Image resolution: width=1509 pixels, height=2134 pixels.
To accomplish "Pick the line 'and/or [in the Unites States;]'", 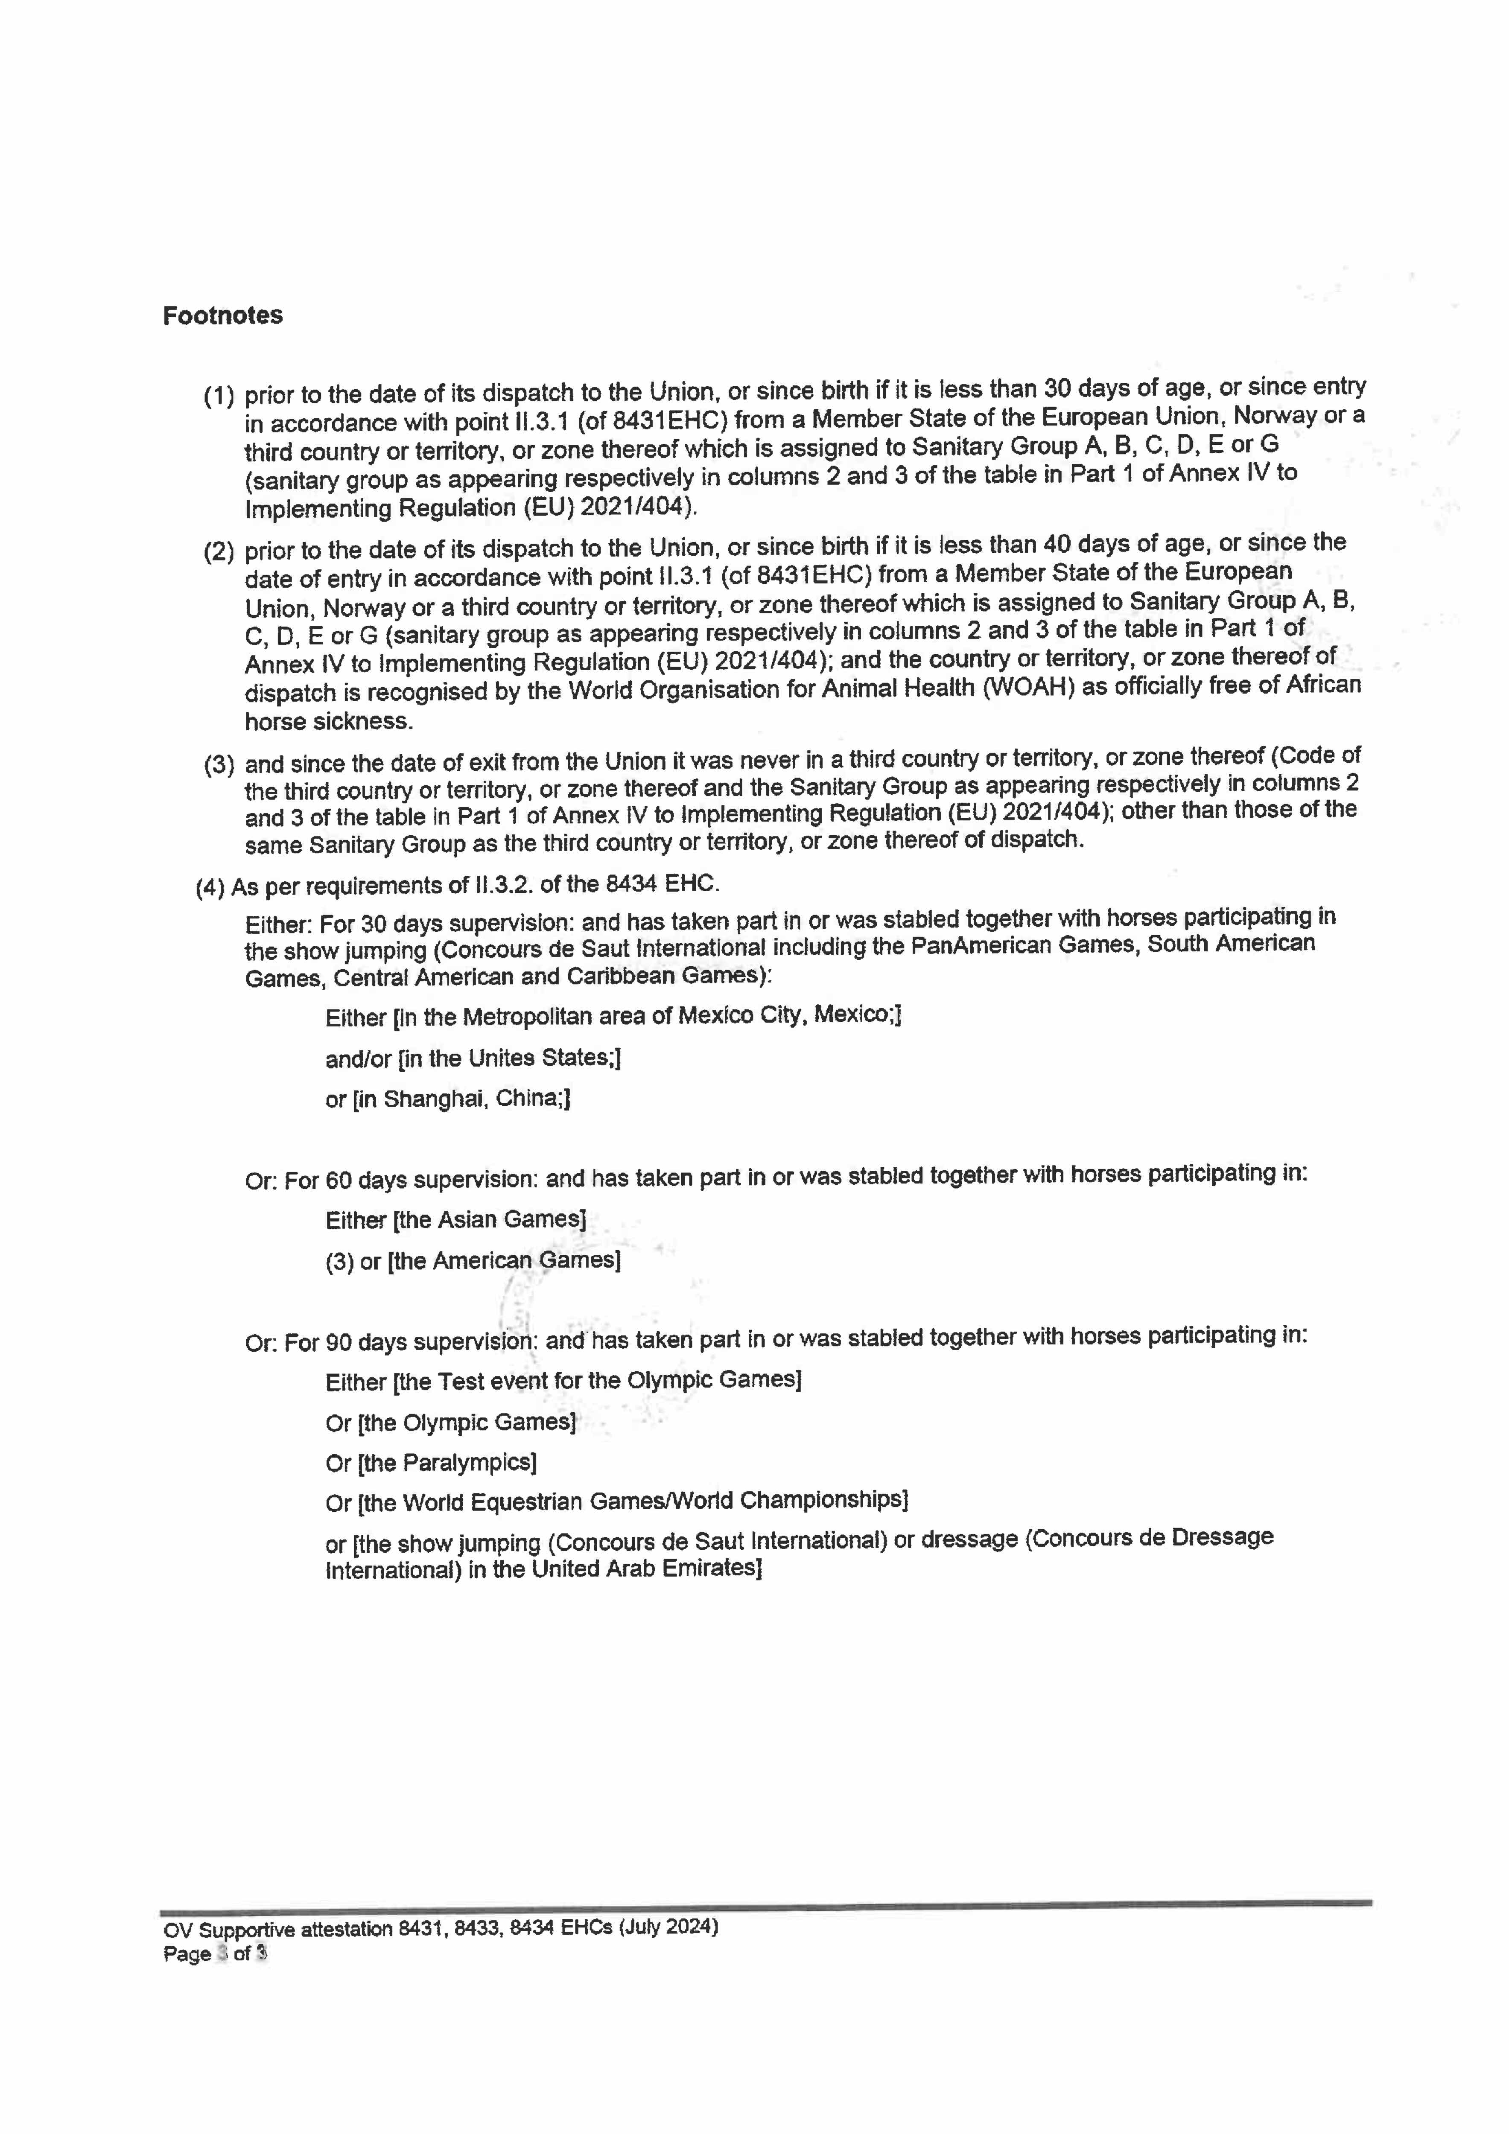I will pyautogui.click(x=472, y=1058).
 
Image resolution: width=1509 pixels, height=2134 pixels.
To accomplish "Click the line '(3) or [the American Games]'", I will pyautogui.click(x=472, y=1261).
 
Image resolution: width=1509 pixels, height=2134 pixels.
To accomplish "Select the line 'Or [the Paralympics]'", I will pyautogui.click(x=430, y=1463).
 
